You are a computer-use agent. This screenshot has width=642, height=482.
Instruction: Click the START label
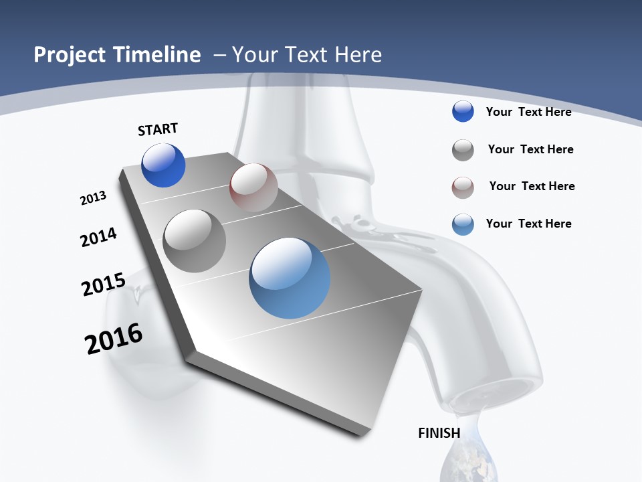pos(158,129)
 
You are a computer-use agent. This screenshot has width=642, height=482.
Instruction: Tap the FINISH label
pos(439,433)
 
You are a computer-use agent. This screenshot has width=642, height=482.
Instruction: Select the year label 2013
pos(94,198)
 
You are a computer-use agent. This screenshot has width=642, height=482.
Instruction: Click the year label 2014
pos(99,237)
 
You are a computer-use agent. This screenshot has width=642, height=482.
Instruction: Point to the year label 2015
pos(104,285)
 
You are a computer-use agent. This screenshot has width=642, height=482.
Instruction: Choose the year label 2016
pos(114,339)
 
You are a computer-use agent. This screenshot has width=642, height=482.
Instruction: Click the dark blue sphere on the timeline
pos(163,165)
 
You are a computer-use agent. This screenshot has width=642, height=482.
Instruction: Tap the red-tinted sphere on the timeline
pos(253,187)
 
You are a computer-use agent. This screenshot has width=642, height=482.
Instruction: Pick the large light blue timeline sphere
pos(290,278)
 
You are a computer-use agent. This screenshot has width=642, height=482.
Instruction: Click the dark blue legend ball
pos(463,112)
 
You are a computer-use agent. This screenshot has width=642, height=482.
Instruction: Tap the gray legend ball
pos(463,150)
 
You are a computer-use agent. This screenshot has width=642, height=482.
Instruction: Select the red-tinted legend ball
pos(463,187)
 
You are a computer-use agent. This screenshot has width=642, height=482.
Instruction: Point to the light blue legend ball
pos(463,224)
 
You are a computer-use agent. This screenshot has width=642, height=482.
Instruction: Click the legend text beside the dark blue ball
pos(528,112)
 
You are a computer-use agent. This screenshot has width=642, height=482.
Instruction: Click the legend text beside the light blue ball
pos(528,224)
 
